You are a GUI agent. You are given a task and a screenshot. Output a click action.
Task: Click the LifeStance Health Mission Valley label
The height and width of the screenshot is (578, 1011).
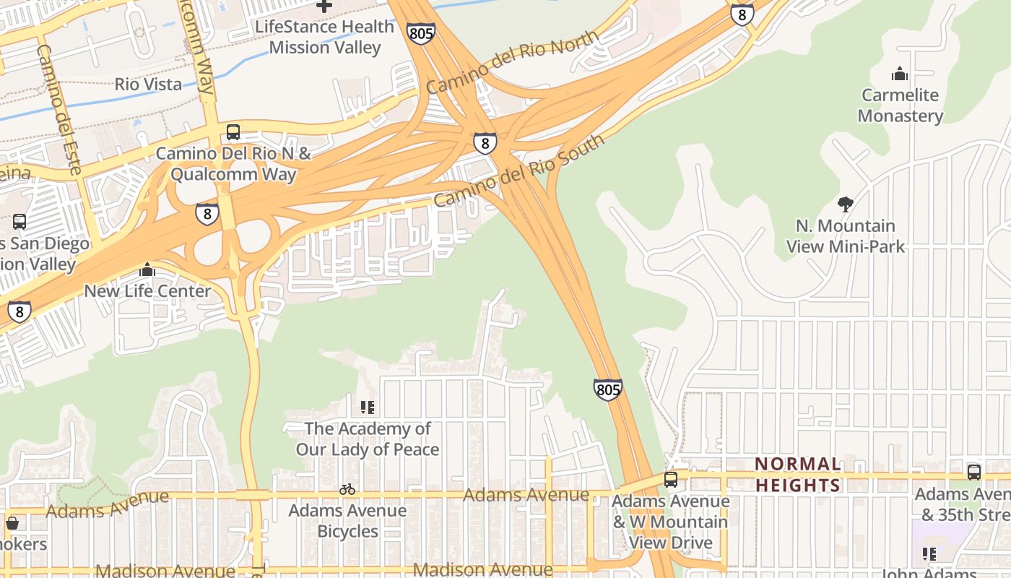click(324, 37)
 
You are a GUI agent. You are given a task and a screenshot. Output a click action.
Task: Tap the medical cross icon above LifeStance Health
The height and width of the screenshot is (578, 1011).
click(325, 6)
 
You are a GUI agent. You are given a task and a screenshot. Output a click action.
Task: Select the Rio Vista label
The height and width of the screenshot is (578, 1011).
click(149, 84)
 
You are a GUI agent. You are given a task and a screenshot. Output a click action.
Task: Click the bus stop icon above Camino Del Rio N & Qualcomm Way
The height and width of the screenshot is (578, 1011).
click(233, 132)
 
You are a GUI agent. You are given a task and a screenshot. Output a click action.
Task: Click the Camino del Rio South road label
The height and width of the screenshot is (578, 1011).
click(518, 171)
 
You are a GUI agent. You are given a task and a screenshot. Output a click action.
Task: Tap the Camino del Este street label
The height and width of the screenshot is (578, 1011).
click(58, 108)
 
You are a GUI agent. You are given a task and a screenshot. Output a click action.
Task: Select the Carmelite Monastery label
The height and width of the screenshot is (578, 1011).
click(900, 105)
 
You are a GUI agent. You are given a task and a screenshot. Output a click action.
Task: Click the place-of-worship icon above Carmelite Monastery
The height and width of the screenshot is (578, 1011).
click(900, 74)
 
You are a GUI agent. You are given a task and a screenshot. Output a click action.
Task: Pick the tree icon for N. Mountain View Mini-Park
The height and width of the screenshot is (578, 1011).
click(845, 204)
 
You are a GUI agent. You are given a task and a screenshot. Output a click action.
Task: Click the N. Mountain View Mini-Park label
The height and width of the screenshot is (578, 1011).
click(845, 236)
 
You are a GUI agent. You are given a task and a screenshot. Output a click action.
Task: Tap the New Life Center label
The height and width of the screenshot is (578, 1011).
click(148, 291)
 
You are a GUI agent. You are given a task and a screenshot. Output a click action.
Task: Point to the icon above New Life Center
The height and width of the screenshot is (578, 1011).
click(148, 269)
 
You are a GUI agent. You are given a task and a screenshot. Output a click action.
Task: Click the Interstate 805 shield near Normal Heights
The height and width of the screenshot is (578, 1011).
click(608, 390)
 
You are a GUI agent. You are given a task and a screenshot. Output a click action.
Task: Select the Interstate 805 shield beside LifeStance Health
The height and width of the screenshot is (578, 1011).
click(420, 33)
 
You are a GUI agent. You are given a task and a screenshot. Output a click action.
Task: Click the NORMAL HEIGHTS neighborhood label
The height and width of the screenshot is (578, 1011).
click(798, 474)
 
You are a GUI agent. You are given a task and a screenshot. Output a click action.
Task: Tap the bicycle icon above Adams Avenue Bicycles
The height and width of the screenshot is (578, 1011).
click(347, 489)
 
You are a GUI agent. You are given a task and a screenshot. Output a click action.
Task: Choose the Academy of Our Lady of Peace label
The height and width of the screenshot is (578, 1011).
click(368, 439)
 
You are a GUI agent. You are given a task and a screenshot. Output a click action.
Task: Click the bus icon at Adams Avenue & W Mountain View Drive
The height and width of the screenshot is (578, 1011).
click(671, 479)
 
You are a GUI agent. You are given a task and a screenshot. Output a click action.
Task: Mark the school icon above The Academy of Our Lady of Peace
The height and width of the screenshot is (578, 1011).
click(368, 407)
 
